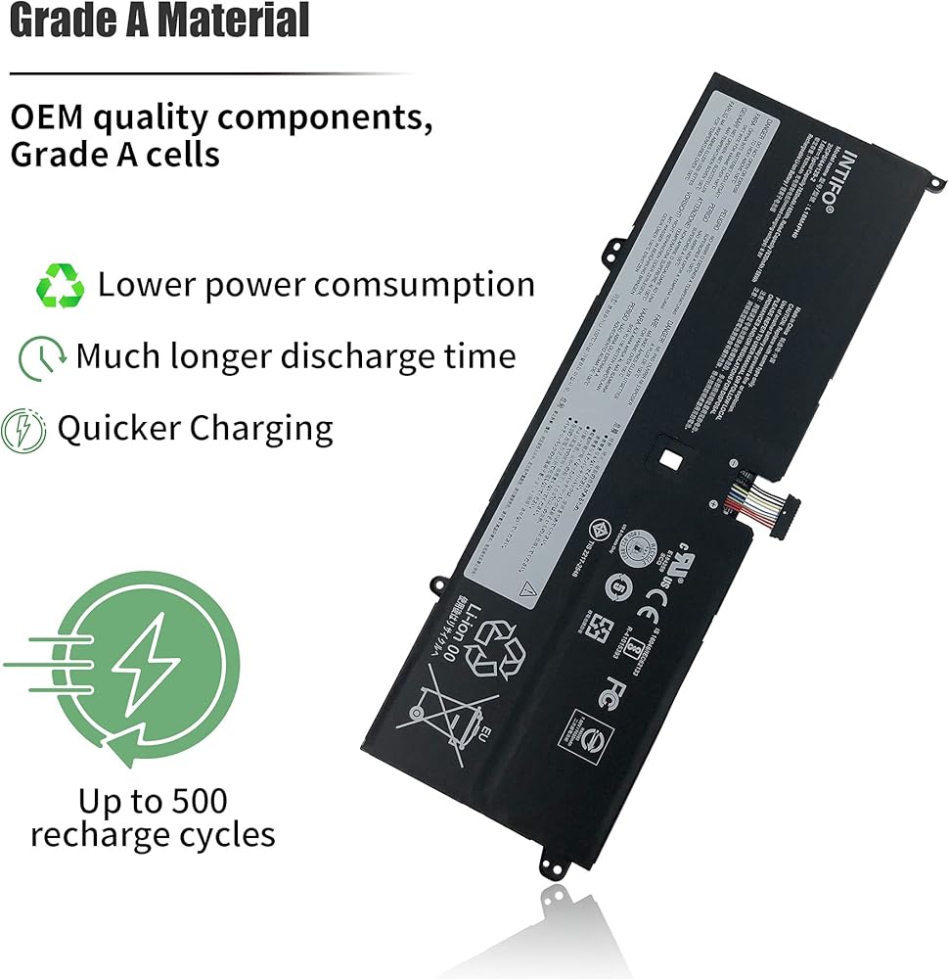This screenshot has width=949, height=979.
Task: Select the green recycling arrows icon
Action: click(x=61, y=286)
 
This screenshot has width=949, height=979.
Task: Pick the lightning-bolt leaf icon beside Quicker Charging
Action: click(x=23, y=430)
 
